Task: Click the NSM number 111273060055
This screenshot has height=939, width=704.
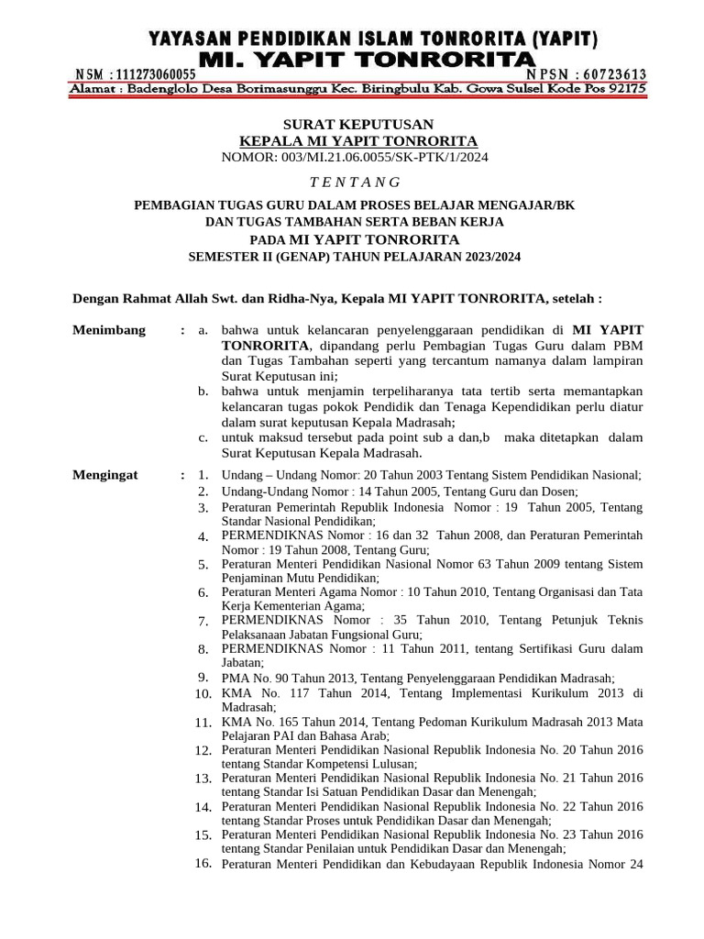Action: tap(158, 74)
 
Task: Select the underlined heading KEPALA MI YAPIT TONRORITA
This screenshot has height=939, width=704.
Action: tap(358, 140)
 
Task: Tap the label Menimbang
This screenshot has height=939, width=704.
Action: tap(108, 330)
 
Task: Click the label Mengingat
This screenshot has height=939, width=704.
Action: tap(104, 475)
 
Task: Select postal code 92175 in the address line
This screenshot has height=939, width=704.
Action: tap(626, 89)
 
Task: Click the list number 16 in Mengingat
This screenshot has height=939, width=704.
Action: tap(203, 863)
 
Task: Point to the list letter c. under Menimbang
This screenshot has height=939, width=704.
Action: tap(203, 437)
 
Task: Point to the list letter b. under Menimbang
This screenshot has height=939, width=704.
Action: tap(203, 392)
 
